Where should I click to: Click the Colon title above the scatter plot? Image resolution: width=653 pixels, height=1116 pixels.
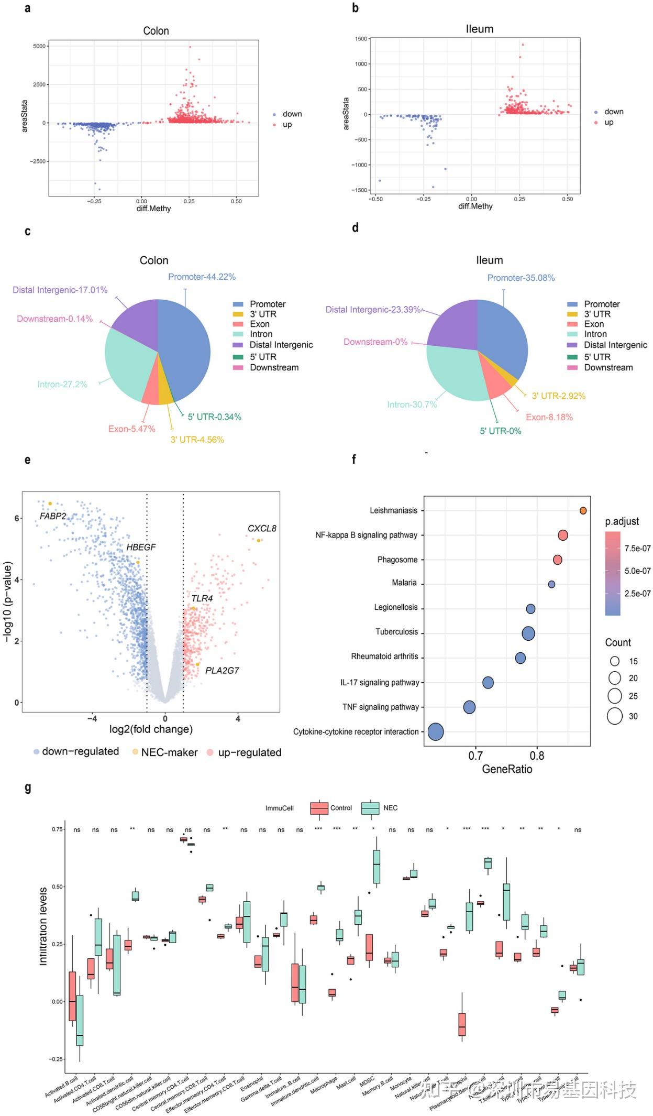tap(156, 31)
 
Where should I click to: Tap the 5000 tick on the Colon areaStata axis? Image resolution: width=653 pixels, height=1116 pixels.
tap(39, 46)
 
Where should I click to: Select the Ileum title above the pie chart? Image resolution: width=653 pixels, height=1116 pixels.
tap(489, 260)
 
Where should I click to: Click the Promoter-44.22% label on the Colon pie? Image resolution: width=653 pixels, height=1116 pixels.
tap(202, 277)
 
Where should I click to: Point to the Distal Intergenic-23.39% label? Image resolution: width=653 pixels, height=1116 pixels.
tap(373, 310)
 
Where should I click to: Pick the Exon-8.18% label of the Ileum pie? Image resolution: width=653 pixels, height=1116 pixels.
tap(549, 417)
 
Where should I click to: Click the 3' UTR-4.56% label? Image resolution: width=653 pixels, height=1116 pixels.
tap(197, 440)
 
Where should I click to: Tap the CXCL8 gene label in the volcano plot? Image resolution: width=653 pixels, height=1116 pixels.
tap(262, 528)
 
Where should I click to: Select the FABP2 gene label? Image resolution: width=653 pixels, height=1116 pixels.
tap(53, 516)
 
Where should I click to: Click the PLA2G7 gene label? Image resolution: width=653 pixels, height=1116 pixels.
tap(222, 671)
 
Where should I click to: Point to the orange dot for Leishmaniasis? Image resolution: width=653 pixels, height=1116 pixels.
tap(583, 510)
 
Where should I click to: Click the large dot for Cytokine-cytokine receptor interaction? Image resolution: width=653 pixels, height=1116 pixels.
tap(436, 731)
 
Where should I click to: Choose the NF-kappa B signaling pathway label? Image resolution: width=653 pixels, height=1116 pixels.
tap(366, 535)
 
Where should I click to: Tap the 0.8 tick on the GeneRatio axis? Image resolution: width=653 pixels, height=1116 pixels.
tap(537, 756)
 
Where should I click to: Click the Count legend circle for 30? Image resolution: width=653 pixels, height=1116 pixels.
tap(615, 716)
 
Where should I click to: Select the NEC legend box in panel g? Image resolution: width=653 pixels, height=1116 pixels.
tap(370, 808)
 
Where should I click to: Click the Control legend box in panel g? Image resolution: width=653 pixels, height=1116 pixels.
tap(319, 808)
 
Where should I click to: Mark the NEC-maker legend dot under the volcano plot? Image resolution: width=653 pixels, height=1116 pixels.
tap(135, 752)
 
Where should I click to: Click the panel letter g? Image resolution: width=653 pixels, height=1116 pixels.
tap(28, 787)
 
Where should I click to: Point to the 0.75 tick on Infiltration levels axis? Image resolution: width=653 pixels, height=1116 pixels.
tap(57, 829)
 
